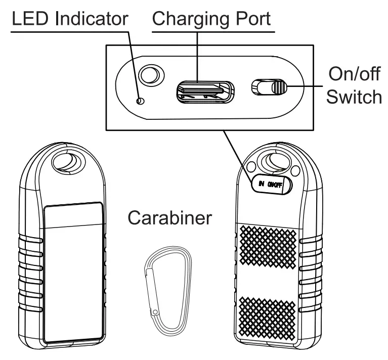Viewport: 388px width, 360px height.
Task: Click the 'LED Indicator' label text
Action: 70,20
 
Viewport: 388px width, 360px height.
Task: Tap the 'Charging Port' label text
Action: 212,20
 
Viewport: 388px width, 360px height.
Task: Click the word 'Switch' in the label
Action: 354,97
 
